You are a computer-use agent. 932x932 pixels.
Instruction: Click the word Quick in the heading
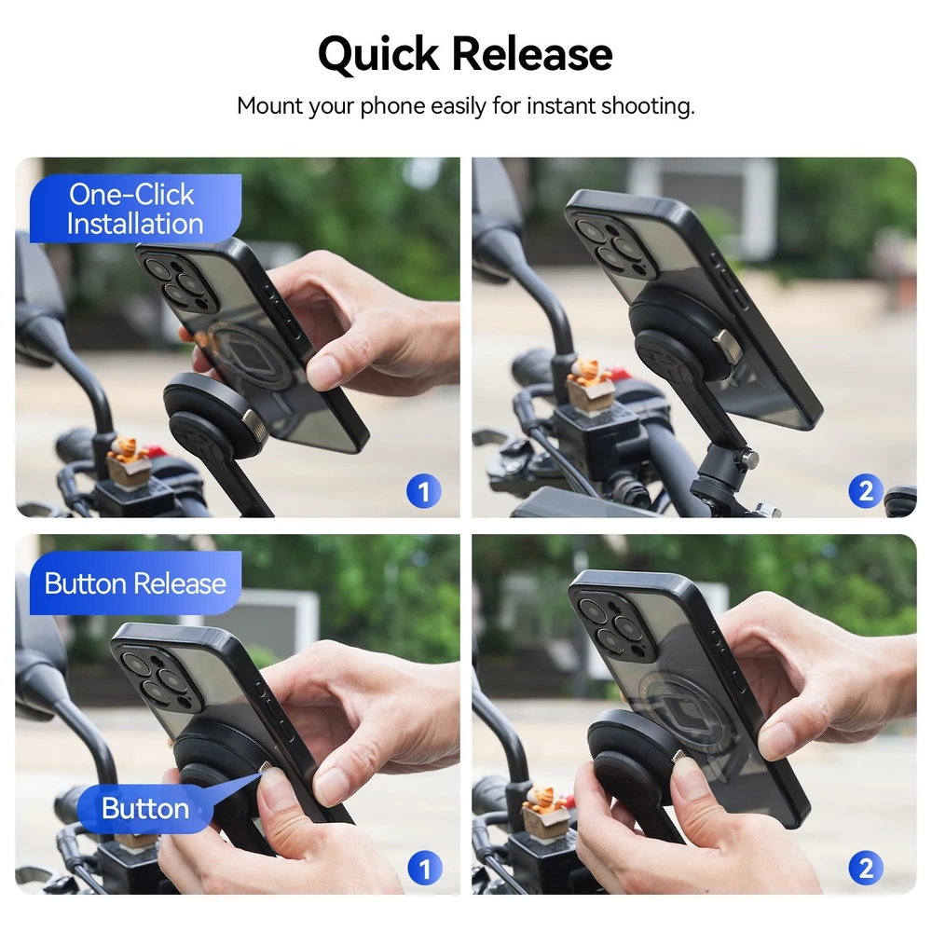click(378, 54)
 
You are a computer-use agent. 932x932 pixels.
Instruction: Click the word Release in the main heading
click(532, 53)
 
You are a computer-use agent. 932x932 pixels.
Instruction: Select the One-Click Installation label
click(135, 209)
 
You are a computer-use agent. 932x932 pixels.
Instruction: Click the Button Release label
click(135, 583)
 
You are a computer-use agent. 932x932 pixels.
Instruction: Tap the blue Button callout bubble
click(145, 808)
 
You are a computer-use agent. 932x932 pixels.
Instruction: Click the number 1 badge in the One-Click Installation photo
click(424, 491)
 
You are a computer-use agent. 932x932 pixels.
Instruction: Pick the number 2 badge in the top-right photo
click(866, 491)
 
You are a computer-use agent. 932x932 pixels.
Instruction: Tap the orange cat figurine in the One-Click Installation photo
click(127, 449)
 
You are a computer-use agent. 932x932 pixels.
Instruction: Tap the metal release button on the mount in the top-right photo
click(728, 346)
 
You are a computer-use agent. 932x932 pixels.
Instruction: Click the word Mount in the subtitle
click(270, 106)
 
